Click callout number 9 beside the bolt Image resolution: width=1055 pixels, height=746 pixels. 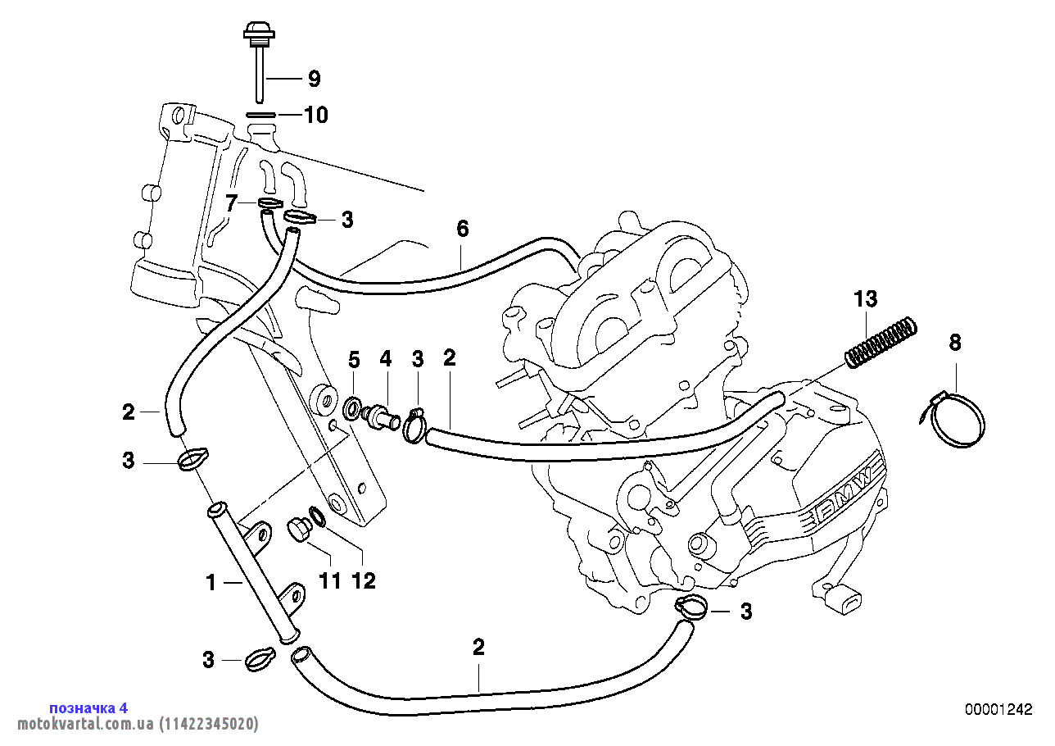coord(314,79)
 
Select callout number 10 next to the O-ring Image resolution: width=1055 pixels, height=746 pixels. coord(315,116)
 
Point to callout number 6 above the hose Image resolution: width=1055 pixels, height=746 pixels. coord(463,229)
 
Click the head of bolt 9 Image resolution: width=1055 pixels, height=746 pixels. coord(258,34)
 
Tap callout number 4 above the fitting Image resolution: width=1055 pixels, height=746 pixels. coord(385,358)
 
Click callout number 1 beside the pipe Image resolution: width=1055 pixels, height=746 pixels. coord(211,583)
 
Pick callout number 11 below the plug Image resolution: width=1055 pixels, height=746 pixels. coord(329,580)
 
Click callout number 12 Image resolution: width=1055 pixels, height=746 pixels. coord(363,580)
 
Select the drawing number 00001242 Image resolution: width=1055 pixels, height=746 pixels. coord(998,709)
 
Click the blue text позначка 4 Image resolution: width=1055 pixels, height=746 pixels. coord(88,707)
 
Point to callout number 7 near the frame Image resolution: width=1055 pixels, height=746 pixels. coord(232,202)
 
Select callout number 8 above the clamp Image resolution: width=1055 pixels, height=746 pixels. coord(954,342)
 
